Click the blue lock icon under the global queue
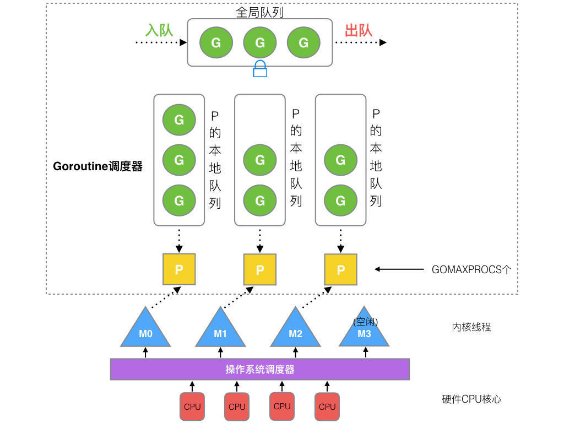260,69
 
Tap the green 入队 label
159,30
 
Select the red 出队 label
359,30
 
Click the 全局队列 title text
260,12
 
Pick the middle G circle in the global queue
260,42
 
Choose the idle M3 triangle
364,331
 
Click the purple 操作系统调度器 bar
260,369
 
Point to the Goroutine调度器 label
97,166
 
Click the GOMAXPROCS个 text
471,269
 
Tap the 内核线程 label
471,327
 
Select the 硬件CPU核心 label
471,399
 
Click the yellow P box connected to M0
179,269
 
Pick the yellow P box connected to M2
340,270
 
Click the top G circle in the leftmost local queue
179,120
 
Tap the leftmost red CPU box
192,406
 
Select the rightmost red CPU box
327,406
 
